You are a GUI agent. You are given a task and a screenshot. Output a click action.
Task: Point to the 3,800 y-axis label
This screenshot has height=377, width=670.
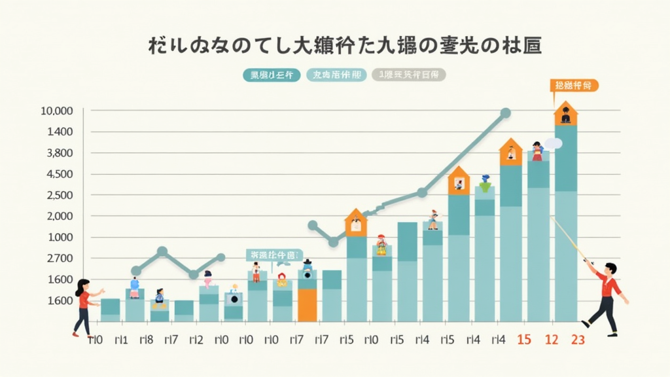[58, 153]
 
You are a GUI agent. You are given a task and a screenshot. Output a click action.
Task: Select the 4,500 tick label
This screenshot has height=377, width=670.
[58, 174]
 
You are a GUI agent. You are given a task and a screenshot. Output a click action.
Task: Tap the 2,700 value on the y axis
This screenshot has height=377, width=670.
[58, 259]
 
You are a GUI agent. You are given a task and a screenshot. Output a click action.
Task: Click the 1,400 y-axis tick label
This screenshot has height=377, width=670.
[58, 132]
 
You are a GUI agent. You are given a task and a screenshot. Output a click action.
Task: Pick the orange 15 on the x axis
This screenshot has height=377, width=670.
[523, 340]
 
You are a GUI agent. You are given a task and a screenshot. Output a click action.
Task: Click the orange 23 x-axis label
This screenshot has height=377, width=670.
[578, 340]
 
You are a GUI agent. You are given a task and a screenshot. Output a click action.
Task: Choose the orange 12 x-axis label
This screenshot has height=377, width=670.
[552, 340]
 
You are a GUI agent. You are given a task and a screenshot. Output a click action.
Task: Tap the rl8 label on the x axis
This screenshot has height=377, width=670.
[146, 340]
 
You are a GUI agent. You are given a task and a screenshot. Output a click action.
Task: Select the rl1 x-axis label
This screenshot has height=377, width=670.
[120, 340]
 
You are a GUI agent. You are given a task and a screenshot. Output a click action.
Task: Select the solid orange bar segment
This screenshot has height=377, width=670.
[307, 305]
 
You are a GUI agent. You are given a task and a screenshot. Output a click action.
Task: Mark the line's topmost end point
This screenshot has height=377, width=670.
[505, 113]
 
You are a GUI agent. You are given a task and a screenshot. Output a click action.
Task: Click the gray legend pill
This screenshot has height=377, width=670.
[409, 75]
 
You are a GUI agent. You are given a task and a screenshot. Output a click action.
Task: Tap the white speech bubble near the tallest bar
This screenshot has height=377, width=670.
[553, 143]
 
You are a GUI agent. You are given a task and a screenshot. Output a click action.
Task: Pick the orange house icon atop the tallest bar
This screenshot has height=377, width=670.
[565, 114]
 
